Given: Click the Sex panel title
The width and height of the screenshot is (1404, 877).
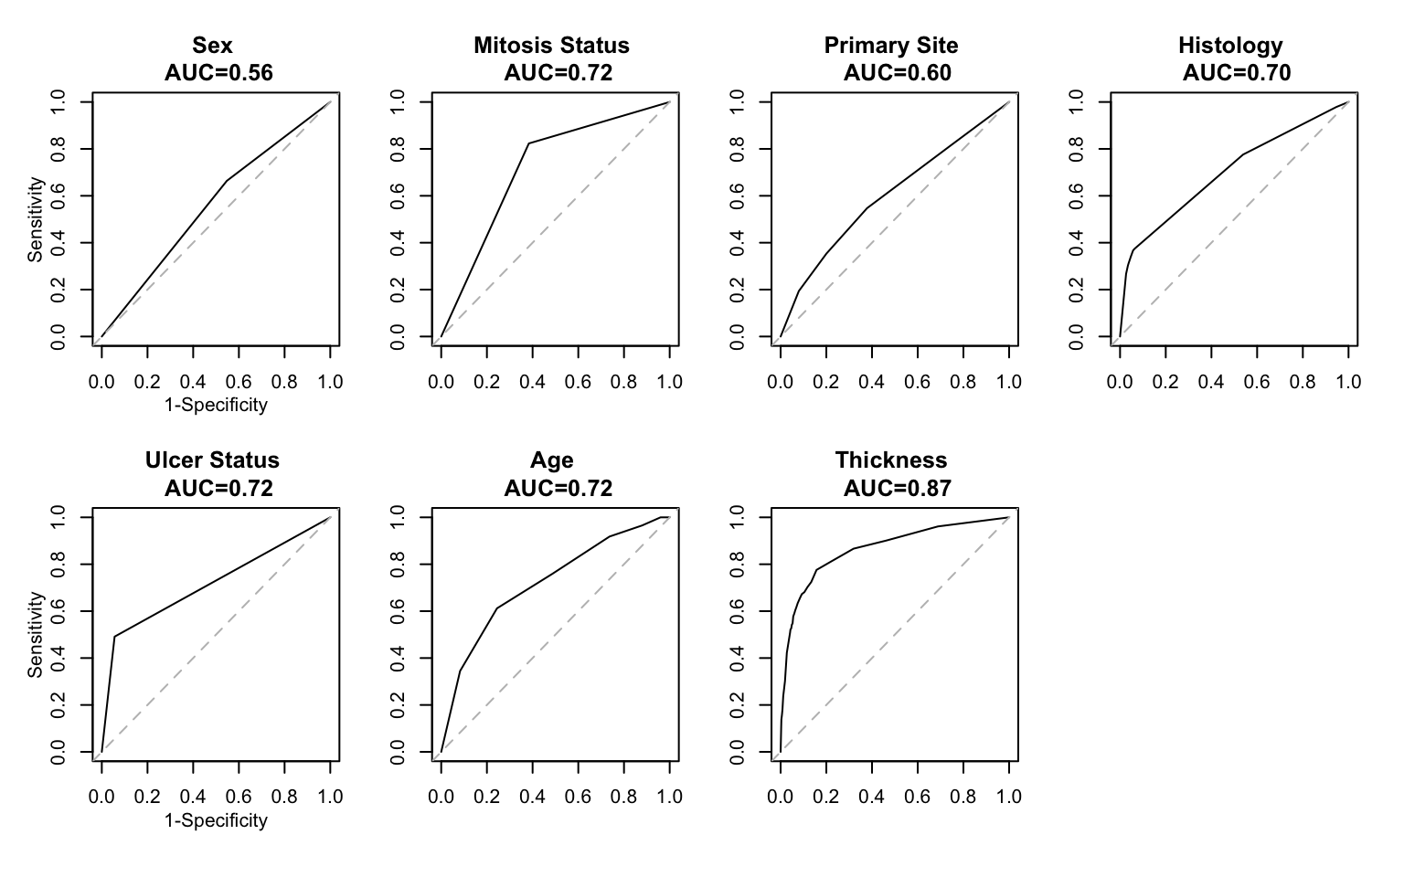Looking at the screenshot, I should coord(212,46).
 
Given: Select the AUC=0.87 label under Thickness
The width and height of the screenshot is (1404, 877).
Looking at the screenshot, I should coord(897,489).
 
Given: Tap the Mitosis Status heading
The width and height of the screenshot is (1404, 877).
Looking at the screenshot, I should coord(551,46).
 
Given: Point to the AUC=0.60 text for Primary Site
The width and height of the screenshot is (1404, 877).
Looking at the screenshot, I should coord(897,73).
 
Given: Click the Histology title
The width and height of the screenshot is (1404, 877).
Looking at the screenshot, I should coord(1229,46).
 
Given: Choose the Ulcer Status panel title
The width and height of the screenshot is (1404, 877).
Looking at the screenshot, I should coord(212,460).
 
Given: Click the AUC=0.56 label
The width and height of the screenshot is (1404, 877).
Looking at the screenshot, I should coord(218,73).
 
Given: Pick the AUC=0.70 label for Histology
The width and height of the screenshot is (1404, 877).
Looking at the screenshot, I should coord(1236,73).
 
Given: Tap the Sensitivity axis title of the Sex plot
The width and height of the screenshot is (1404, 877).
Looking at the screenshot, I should coord(36,219).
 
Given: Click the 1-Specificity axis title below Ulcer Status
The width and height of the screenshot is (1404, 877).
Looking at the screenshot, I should coord(216,820).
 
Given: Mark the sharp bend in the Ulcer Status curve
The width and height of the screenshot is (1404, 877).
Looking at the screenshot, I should coord(114,636).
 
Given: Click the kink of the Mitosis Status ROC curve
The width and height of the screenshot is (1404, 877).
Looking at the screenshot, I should coord(528,143).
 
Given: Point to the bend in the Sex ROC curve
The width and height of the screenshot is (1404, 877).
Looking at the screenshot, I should coord(227,180).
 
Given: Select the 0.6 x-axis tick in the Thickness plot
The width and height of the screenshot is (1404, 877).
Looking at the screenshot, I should coord(918,797).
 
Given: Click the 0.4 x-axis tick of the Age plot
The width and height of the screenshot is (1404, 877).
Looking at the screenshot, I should coord(533,797).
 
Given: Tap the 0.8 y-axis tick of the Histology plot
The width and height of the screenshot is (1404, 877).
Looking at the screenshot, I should coord(1077,149).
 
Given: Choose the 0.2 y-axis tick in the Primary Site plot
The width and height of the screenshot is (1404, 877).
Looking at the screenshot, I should coord(737,290).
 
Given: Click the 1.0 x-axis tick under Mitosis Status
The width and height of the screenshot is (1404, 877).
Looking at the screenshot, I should coord(670,382).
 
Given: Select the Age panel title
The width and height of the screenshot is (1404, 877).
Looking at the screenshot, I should coord(551,460).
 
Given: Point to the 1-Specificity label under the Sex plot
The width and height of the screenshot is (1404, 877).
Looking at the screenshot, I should coord(216,405).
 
